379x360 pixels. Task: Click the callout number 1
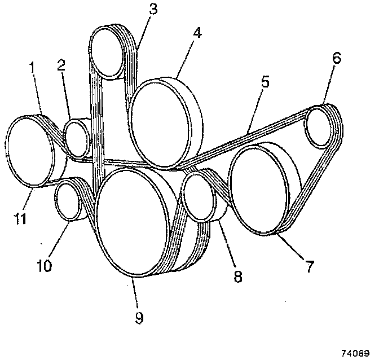click(33, 68)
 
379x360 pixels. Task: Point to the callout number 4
click(196, 33)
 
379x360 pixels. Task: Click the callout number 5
click(265, 81)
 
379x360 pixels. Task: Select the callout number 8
click(237, 276)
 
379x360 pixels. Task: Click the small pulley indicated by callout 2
click(77, 137)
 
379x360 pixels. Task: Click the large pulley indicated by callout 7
click(259, 189)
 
